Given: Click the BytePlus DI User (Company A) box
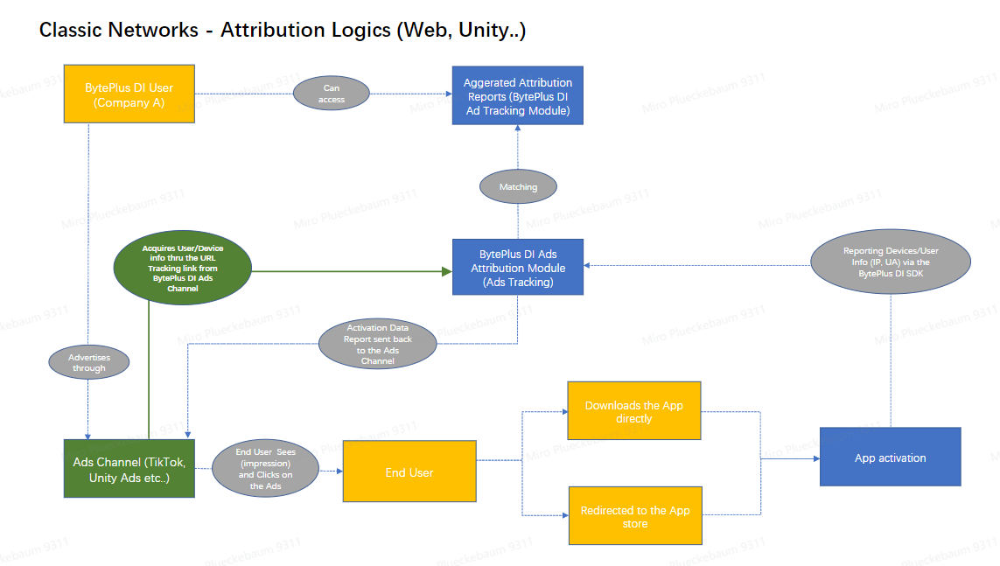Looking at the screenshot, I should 129,94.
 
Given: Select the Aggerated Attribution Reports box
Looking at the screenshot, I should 517,95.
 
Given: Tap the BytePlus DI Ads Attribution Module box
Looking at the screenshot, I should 517,267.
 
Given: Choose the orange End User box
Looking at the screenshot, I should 409,472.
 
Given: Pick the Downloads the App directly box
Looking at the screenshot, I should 633,411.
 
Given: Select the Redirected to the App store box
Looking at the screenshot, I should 634,516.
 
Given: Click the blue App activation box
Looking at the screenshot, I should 890,458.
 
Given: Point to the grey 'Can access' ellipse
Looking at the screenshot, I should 332,94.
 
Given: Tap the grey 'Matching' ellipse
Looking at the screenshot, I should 518,186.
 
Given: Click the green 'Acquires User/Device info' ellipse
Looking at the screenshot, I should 182,268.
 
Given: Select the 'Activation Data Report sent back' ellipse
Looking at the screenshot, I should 378,344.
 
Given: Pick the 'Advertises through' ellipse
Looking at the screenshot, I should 88,362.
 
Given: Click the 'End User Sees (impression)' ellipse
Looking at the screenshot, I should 266,469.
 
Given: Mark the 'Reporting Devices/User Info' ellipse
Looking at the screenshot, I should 891,261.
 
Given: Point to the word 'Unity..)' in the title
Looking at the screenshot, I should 494,30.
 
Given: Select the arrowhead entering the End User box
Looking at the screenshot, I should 339,472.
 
